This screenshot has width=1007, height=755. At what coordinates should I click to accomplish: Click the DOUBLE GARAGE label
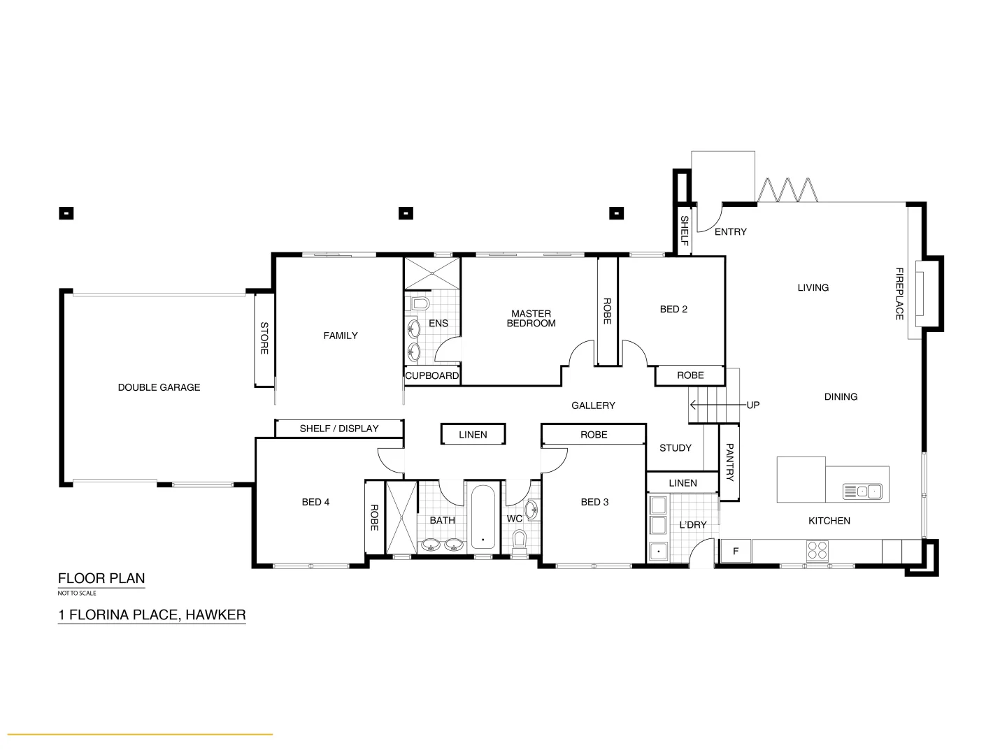coord(159,387)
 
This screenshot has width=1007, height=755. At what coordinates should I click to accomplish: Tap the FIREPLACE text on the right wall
coord(900,294)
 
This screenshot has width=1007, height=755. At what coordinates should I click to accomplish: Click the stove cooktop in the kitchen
coord(817,551)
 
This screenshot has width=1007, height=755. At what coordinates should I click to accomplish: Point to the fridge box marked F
coord(736,552)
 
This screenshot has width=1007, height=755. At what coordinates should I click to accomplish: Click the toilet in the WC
coord(519,540)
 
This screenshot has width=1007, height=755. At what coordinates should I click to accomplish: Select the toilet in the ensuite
coord(420,304)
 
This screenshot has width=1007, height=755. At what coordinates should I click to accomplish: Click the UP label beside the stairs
coord(752,405)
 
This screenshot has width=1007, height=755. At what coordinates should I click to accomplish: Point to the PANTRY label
coord(729,462)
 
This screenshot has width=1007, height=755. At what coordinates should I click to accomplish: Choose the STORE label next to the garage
coord(264,338)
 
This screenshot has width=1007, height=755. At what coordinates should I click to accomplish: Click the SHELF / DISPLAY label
coord(339,429)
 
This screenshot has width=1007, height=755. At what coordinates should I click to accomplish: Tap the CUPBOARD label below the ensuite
coord(432,375)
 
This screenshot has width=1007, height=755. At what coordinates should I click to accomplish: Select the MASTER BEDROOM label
coord(531,319)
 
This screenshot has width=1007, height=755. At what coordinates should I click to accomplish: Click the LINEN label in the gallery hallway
coord(473,434)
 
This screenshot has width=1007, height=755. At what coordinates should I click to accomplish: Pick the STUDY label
coord(675,448)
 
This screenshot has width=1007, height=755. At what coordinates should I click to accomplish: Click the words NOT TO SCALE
coord(77,594)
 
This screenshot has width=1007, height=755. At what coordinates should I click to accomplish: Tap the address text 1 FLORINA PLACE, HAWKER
coord(152,615)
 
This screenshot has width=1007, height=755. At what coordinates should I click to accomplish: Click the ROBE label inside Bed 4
coord(374,518)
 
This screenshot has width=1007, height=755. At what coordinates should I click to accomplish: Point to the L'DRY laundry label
coord(693,525)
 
